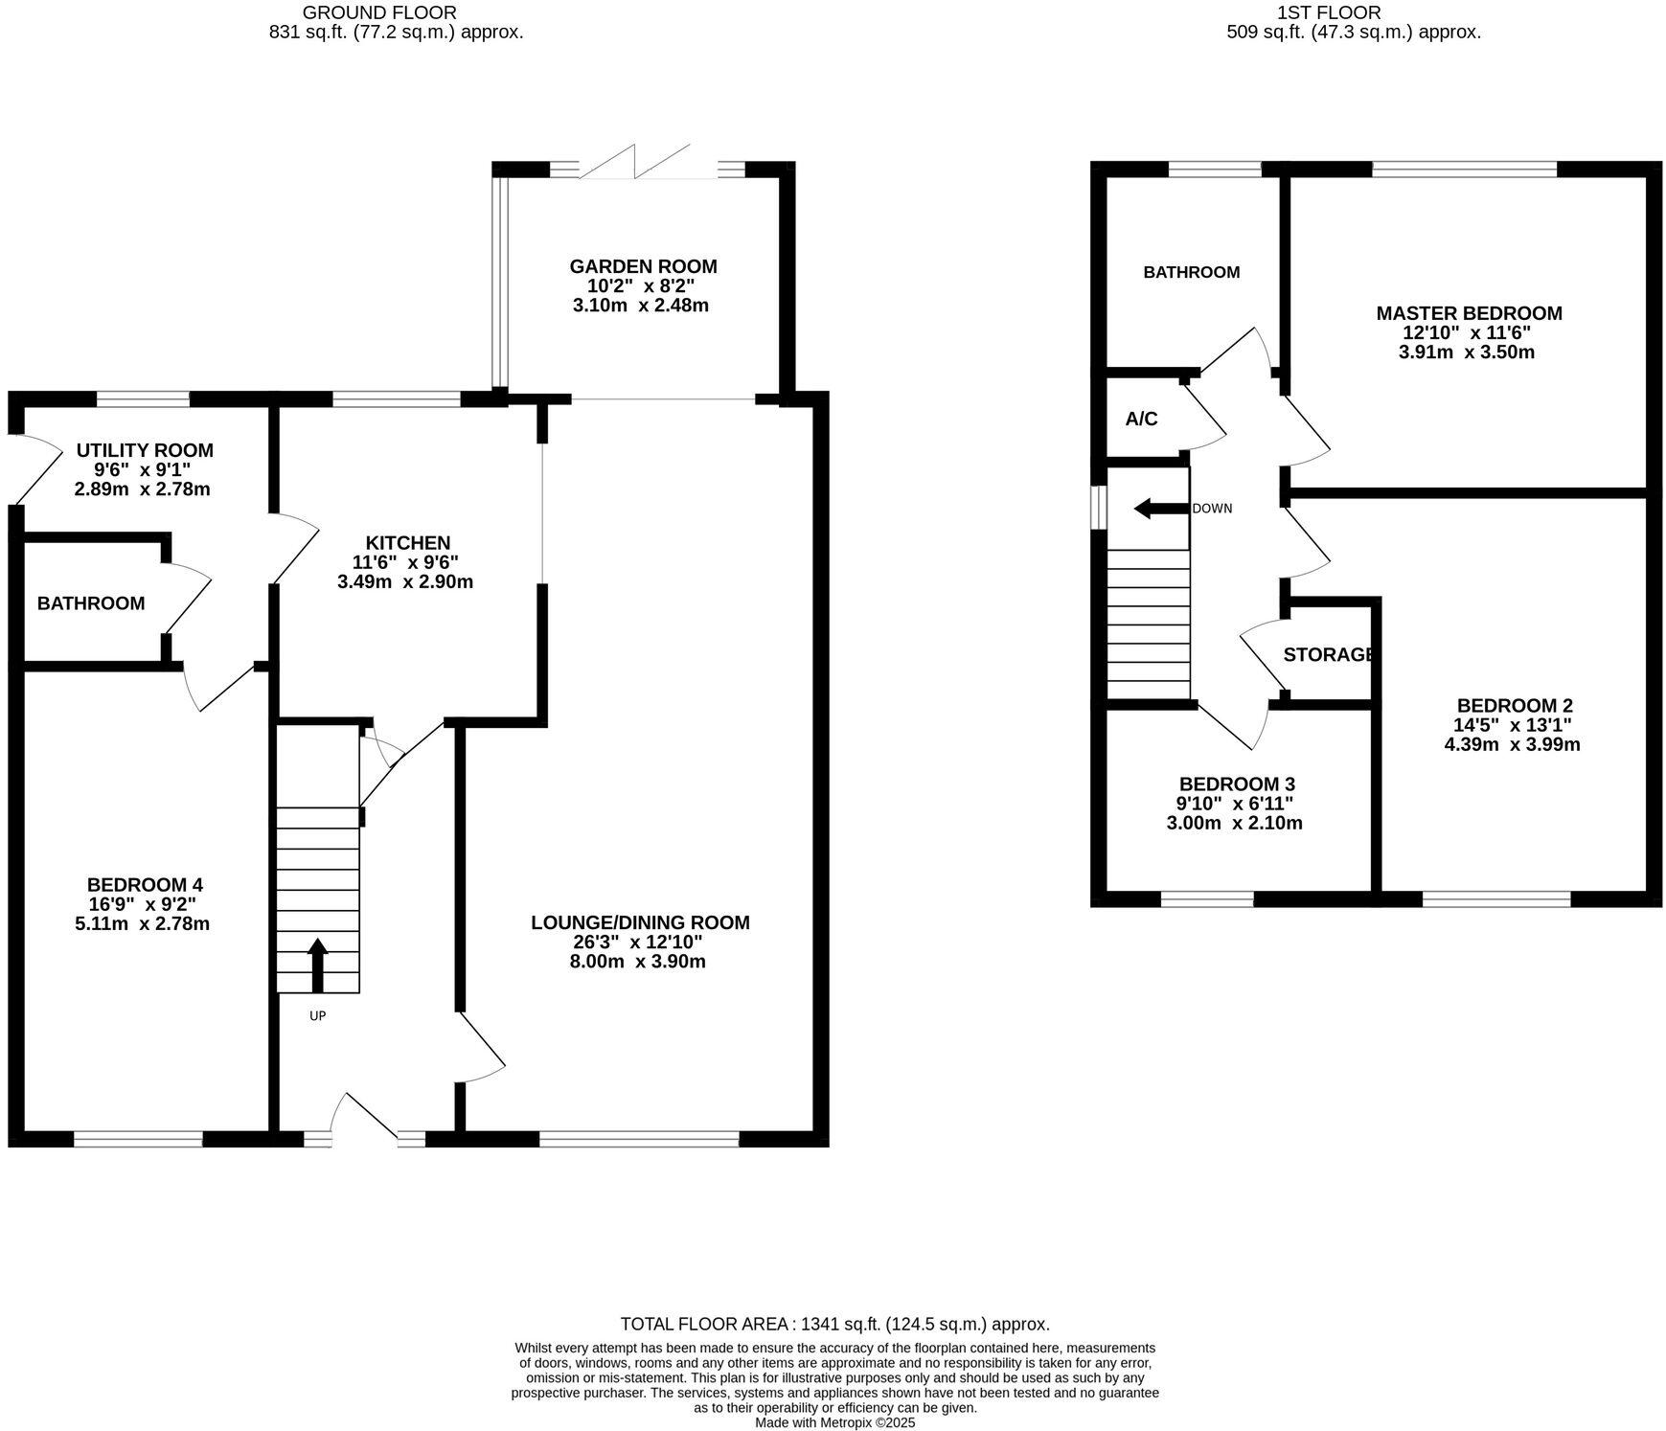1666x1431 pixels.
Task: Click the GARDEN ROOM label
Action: [x=643, y=266]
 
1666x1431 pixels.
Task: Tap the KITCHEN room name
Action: [x=407, y=543]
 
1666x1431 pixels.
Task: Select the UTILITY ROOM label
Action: [x=145, y=450]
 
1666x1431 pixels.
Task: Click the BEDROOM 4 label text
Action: [x=145, y=885]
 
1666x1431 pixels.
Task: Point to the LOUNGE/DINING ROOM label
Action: [x=640, y=922]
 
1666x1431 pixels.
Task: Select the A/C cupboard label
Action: [x=1141, y=420]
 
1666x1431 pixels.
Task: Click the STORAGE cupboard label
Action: [x=1329, y=655]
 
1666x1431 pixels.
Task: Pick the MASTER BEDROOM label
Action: [x=1469, y=313]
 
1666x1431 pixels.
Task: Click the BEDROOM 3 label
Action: [x=1237, y=784]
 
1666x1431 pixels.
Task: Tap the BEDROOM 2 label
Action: [x=1514, y=706]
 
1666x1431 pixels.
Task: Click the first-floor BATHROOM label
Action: [x=1191, y=272]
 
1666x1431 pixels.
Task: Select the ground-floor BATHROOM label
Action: [x=91, y=603]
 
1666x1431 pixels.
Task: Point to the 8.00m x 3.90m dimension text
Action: [x=637, y=962]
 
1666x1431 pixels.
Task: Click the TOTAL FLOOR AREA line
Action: [x=834, y=1324]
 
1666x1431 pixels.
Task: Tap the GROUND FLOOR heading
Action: [x=379, y=12]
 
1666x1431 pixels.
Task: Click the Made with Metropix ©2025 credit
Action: [x=834, y=1422]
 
